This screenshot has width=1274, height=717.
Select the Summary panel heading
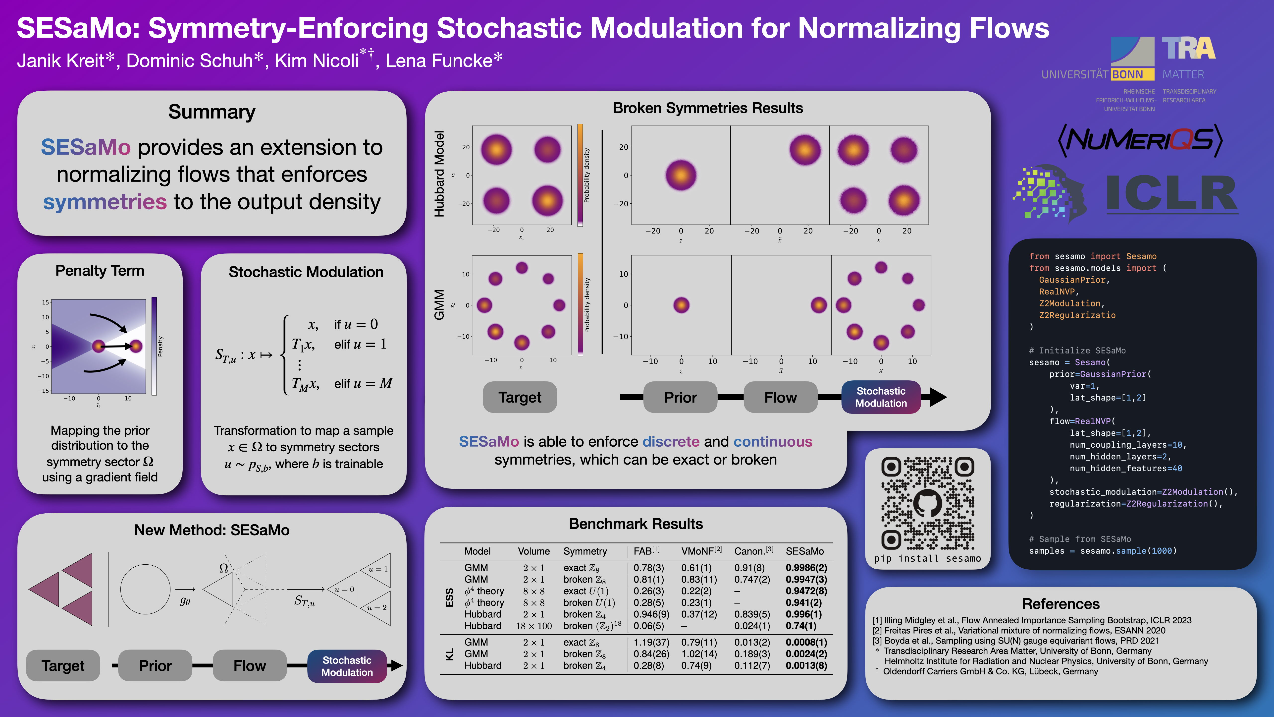[212, 112]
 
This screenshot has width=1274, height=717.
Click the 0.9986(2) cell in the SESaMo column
[806, 568]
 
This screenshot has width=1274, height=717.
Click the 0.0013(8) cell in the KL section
[806, 665]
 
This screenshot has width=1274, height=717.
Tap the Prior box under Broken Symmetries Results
[680, 397]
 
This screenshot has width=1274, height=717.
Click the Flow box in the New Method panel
[249, 665]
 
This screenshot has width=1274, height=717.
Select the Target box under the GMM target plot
[519, 397]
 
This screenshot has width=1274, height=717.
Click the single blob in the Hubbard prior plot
[681, 175]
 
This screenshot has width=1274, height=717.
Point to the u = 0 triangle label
[344, 589]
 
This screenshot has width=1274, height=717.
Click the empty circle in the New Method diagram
[145, 589]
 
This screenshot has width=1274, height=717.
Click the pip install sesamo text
[927, 558]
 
